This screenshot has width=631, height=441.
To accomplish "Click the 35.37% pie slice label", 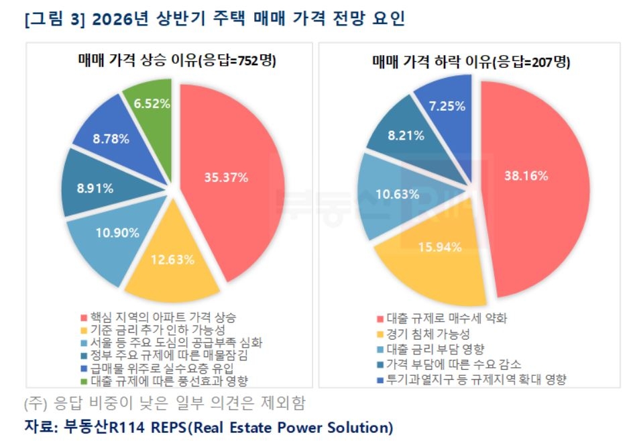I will (x=226, y=177).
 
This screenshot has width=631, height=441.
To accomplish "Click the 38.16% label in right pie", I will (x=526, y=176).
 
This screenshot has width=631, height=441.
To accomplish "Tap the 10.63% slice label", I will (x=397, y=195).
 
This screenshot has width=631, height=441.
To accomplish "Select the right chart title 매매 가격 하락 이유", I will (x=432, y=63).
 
